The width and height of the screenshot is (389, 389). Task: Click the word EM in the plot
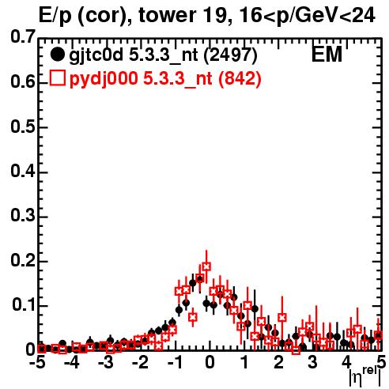pos(327,54)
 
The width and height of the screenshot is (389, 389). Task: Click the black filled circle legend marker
pos(57,55)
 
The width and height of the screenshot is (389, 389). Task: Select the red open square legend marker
pos(57,77)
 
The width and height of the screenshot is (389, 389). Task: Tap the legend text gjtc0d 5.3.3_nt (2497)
pos(163,55)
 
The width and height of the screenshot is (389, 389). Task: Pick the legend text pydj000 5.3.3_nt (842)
pos(165,79)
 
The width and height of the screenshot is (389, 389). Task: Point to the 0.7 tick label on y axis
pos(23,36)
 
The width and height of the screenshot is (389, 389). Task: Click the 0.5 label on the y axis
pos(23,127)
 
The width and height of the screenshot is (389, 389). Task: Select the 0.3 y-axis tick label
pos(23,215)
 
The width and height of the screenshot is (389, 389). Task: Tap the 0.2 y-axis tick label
pos(23,260)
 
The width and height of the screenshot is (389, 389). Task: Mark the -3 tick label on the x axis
pos(106,363)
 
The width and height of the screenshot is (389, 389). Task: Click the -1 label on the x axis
pos(176,363)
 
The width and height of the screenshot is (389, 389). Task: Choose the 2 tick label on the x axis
pos(278,363)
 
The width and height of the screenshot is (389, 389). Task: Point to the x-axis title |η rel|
pos(364,377)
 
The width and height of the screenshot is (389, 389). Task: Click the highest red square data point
pos(206,266)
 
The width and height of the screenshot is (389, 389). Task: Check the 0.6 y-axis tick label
pos(23,81)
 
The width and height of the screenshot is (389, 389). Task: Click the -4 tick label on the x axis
pos(72,363)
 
